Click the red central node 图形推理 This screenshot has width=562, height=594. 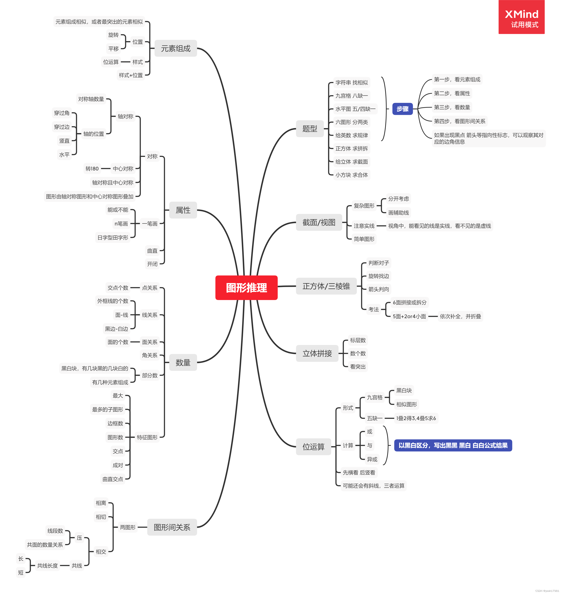point(246,287)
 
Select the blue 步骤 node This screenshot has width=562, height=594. point(402,109)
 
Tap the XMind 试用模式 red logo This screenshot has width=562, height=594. point(521,17)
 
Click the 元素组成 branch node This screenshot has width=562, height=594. point(176,48)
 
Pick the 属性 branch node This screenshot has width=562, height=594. point(183,210)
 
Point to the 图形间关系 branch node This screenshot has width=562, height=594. point(172,527)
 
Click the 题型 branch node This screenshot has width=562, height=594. point(309,129)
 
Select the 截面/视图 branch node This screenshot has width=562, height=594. point(319,222)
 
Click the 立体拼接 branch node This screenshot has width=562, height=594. point(317,353)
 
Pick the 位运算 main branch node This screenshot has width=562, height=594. point(313,446)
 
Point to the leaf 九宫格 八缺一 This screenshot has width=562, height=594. point(351,96)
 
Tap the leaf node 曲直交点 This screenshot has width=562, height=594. point(113,479)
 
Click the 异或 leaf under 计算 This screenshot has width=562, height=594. point(372,459)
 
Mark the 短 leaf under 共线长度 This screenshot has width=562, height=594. point(21,572)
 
